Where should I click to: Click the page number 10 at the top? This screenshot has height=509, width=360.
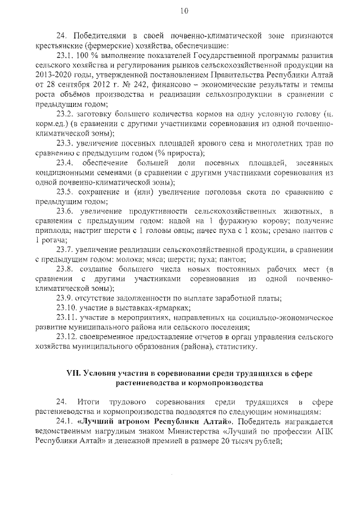point(184,11)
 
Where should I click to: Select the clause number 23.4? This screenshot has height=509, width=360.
point(66,163)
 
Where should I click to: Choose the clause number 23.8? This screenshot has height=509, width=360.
point(66,269)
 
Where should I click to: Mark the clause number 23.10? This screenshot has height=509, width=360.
point(69,308)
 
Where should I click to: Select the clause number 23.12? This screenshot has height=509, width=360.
point(69,337)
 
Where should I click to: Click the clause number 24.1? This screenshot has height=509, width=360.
point(66,421)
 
